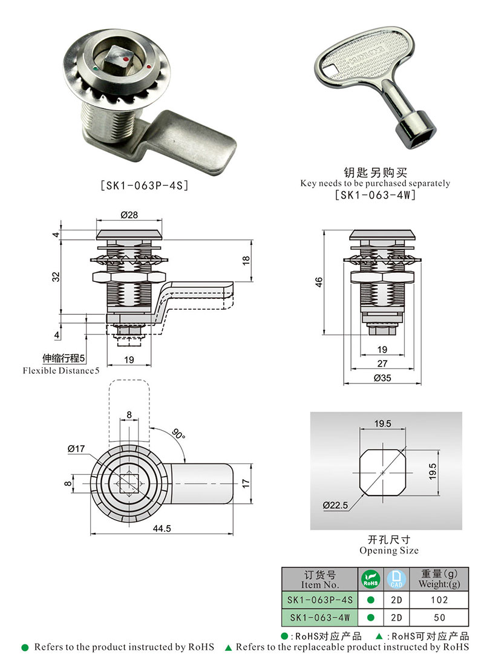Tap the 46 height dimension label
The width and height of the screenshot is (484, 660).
319,282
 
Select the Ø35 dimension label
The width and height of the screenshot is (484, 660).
382,377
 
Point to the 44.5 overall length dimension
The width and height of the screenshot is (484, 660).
162,528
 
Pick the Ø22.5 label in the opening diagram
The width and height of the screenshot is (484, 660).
335,505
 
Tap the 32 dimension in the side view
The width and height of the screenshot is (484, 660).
56,276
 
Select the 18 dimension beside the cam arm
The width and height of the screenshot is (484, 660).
246,260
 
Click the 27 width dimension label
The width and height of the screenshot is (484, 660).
382,364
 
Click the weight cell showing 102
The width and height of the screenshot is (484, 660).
440,600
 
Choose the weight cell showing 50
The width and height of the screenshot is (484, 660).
440,617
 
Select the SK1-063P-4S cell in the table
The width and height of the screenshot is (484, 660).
319,600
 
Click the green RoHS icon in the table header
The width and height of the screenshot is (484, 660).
370,579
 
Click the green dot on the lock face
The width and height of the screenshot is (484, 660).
97,70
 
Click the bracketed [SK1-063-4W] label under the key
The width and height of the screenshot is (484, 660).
375,195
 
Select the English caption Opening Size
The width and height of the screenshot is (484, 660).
388,551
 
